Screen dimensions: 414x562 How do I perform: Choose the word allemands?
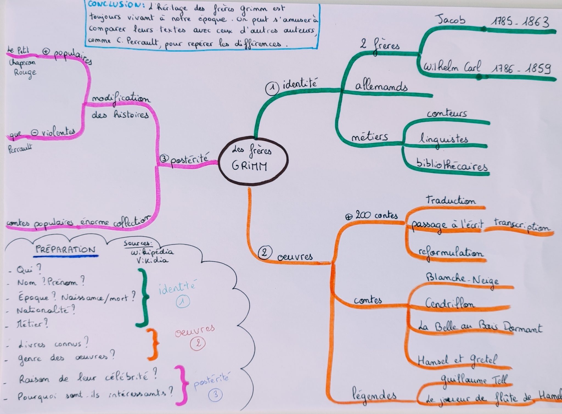click(x=381, y=86)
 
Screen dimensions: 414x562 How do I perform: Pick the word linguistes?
click(x=443, y=139)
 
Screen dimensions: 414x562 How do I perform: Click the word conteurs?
click(x=447, y=113)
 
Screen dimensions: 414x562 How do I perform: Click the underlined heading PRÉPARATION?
click(x=66, y=249)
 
